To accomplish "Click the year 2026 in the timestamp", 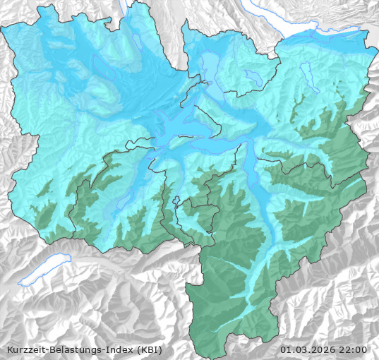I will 321,349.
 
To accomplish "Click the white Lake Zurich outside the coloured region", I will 311,32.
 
